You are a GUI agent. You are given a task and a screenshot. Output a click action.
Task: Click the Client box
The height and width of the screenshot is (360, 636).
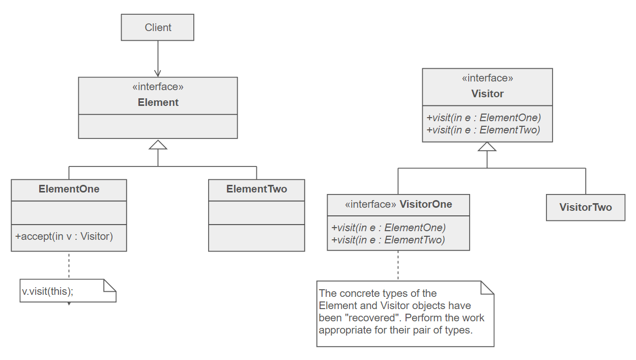(x=158, y=27)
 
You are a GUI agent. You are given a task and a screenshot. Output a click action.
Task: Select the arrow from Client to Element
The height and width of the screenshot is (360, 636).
(x=158, y=59)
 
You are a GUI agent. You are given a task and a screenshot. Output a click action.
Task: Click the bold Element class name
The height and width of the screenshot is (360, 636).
(x=158, y=102)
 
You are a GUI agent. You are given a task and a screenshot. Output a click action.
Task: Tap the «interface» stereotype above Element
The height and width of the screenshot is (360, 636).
(x=158, y=87)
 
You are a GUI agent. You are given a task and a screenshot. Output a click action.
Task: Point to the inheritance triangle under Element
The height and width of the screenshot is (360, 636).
(x=158, y=145)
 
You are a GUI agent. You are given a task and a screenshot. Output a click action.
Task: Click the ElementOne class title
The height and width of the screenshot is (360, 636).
(x=69, y=189)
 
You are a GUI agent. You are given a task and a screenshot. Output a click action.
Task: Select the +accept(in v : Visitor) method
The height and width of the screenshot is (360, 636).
(x=64, y=236)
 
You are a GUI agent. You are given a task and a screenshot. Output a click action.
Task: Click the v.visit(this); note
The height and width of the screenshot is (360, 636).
(x=48, y=292)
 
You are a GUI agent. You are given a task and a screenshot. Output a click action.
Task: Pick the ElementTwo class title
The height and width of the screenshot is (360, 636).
(x=256, y=189)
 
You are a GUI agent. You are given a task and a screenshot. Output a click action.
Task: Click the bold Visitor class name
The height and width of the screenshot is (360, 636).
(x=487, y=94)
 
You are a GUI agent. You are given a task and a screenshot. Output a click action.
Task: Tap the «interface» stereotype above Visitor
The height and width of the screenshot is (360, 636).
(x=487, y=78)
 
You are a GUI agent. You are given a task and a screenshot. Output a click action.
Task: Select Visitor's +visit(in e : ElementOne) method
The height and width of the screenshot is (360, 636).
(x=483, y=118)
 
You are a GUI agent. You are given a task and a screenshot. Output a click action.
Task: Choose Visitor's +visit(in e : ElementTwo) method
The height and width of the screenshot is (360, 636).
(x=483, y=130)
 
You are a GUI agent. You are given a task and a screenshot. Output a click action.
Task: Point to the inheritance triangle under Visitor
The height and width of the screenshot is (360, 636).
(x=487, y=147)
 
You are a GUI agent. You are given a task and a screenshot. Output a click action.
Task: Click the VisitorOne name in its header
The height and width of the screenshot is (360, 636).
(x=426, y=204)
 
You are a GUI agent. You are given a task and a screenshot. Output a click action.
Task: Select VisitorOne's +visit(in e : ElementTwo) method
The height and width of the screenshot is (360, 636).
(x=388, y=240)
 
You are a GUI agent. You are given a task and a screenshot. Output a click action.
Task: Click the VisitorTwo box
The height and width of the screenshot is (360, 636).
(x=585, y=207)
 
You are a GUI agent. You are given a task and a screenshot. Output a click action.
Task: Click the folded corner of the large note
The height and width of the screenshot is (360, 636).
(x=487, y=287)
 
